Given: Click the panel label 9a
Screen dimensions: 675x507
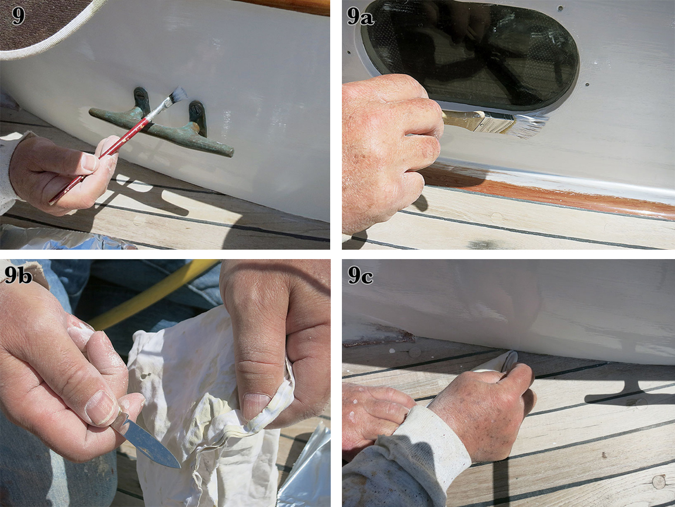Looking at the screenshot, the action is click(360, 16).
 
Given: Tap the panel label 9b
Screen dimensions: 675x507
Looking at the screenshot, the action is click(18, 274).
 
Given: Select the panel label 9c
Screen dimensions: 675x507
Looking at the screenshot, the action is click(361, 275).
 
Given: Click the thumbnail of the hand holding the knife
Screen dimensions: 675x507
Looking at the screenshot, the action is click(101, 408).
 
